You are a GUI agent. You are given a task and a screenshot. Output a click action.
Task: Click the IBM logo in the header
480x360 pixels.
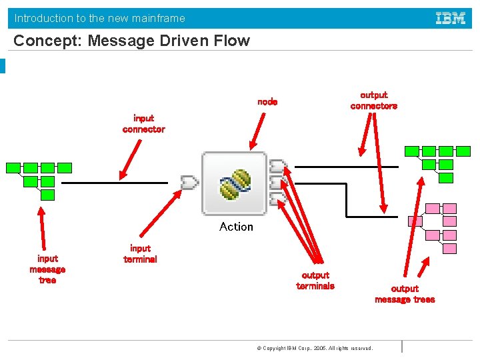pyautogui.click(x=451, y=18)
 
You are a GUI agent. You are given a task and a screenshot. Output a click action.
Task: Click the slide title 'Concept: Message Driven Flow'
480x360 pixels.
pyautogui.click(x=131, y=41)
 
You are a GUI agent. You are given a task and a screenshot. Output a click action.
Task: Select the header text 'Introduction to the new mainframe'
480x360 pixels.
pyautogui.click(x=100, y=18)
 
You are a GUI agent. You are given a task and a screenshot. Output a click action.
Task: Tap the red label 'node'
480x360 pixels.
pyautogui.click(x=267, y=102)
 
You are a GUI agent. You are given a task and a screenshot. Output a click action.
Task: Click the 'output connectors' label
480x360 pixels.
pyautogui.click(x=373, y=101)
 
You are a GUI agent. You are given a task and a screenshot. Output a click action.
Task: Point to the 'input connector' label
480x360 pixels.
pyautogui.click(x=143, y=124)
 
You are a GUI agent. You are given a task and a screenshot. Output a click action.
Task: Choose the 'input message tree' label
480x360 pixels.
pyautogui.click(x=47, y=269)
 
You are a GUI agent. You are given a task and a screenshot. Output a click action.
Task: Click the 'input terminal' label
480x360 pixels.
pyautogui.click(x=140, y=254)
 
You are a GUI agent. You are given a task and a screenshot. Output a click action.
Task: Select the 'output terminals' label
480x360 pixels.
pyautogui.click(x=315, y=281)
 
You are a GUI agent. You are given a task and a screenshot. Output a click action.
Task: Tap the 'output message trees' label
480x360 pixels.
pyautogui.click(x=405, y=294)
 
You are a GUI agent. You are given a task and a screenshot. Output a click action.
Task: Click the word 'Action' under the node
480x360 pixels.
pyautogui.click(x=236, y=227)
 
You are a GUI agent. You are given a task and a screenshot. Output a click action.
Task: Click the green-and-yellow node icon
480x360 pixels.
pyautogui.click(x=235, y=184)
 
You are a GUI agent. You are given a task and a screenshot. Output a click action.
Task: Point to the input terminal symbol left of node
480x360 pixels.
pyautogui.click(x=189, y=182)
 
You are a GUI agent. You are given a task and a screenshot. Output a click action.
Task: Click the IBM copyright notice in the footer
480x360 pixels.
pyautogui.click(x=315, y=348)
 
